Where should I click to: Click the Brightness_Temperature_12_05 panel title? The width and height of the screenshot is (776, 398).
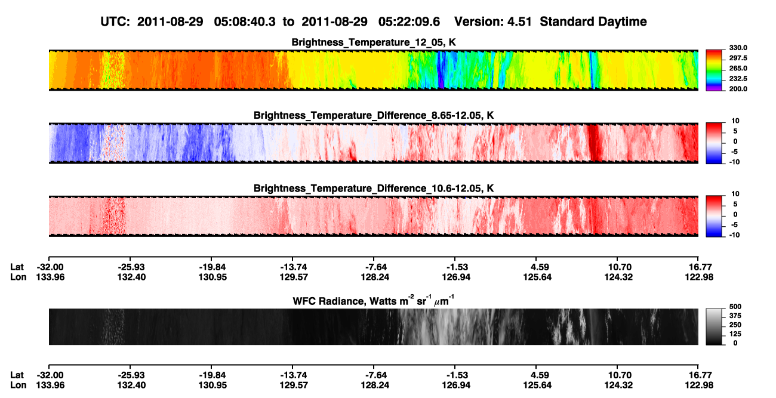[374, 42]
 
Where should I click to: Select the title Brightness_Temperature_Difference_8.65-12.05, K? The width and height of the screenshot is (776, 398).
[374, 115]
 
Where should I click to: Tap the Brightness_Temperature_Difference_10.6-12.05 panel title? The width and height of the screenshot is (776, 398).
[374, 189]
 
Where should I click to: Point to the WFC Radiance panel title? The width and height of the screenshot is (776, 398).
[374, 301]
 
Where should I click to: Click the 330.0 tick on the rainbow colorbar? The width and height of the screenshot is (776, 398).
[738, 48]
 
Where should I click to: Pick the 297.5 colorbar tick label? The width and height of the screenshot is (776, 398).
[738, 58]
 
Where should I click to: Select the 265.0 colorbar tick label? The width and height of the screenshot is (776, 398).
[738, 68]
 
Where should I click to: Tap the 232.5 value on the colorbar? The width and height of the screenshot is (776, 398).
[738, 79]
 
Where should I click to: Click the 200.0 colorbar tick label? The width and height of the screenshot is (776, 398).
[738, 89]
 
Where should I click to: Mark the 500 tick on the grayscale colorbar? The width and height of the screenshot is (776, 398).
[735, 307]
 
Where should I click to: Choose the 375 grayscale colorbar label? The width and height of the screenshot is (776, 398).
[735, 316]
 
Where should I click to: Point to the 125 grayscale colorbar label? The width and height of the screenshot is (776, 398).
[735, 334]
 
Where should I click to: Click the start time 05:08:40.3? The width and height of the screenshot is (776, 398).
[245, 22]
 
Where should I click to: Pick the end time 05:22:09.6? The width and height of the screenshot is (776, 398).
[409, 22]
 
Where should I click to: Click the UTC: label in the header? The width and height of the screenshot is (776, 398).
[115, 22]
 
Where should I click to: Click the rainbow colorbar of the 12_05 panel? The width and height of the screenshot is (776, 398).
[714, 70]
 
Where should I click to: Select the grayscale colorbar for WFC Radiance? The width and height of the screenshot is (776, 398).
[714, 326]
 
